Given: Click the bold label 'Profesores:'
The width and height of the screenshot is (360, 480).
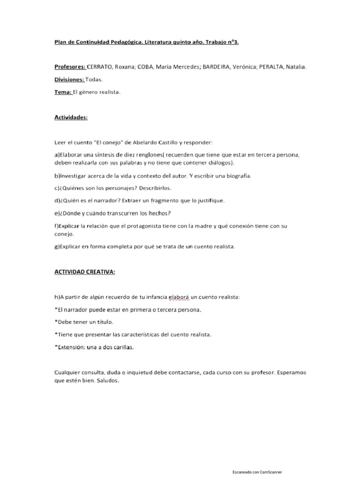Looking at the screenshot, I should [69, 67].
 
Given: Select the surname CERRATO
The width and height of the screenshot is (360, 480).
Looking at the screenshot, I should [101, 67].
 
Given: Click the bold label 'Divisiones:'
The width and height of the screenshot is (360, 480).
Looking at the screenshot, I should [69, 80].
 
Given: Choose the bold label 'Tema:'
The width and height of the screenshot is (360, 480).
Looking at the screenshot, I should [63, 92].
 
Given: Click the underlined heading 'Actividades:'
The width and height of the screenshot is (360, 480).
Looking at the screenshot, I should [71, 117].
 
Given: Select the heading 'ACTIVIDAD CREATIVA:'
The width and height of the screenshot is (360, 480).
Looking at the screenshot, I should [84, 272].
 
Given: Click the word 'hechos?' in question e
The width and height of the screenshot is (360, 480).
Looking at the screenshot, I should [160, 213].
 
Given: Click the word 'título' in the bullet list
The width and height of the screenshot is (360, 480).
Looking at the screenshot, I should [104, 322].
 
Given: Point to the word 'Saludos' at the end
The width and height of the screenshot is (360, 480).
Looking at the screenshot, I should [109, 381].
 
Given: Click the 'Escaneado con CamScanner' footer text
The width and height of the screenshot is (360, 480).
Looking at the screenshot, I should [257, 472].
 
